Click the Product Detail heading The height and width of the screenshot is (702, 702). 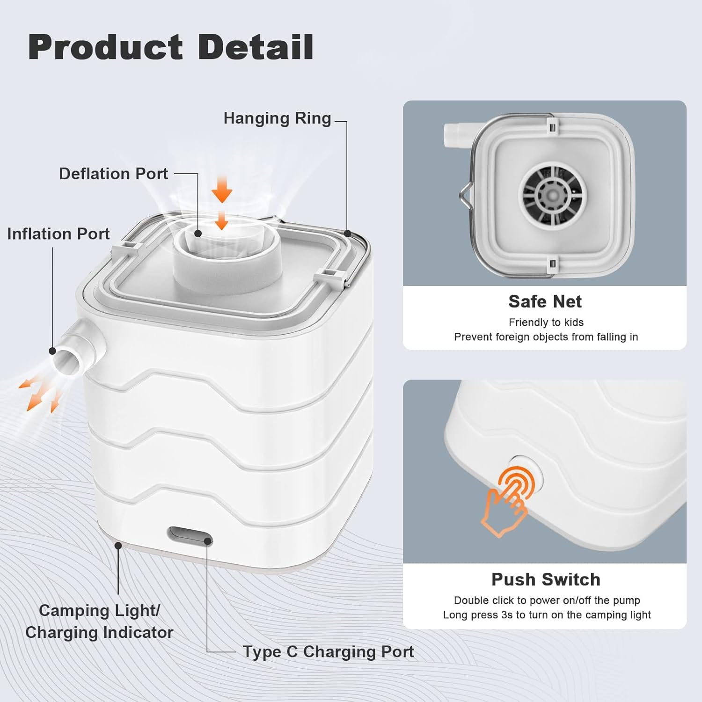click(x=171, y=47)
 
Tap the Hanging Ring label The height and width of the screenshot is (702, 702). click(x=277, y=118)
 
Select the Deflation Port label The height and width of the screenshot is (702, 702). click(x=113, y=174)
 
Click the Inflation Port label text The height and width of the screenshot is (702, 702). click(x=58, y=234)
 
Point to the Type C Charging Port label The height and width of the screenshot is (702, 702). click(x=328, y=651)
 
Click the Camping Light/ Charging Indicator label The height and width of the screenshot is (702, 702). click(x=99, y=622)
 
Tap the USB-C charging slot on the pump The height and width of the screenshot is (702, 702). click(x=190, y=534)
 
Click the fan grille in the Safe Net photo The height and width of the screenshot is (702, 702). click(x=553, y=194)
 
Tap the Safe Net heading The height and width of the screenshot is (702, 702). click(x=545, y=302)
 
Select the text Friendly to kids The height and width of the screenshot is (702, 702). click(x=546, y=322)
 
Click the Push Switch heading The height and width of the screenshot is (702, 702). click(x=546, y=579)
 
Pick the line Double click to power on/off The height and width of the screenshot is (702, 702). click(x=547, y=600)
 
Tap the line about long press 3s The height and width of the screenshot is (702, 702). click(x=547, y=615)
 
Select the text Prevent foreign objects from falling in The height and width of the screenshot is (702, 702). click(x=546, y=337)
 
